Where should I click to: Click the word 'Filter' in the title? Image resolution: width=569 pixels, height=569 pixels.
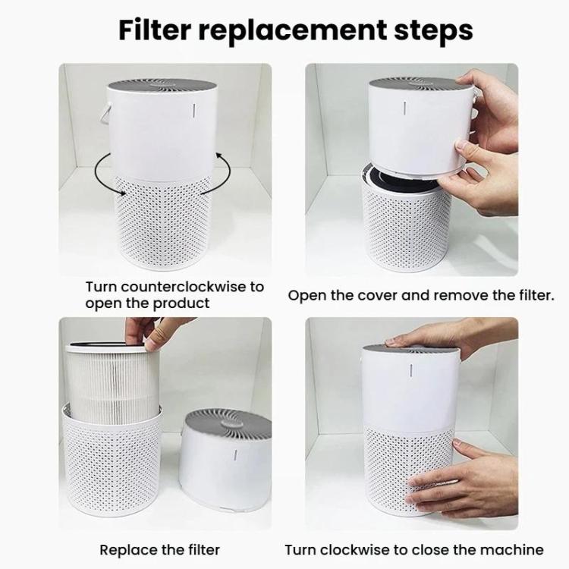tap(155, 30)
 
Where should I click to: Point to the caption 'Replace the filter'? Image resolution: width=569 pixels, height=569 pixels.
tap(159, 550)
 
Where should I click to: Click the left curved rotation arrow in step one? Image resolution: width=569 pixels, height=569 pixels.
tap(102, 174)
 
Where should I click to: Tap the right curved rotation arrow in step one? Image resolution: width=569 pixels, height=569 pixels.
tap(219, 174)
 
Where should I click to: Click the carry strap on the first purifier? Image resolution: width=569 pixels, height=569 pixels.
tap(105, 112)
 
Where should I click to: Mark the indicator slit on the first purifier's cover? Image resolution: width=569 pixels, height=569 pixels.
tap(194, 111)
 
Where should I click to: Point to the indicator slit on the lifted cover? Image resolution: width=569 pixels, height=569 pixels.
tap(404, 108)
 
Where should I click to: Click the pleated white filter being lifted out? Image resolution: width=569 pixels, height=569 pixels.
tap(112, 384)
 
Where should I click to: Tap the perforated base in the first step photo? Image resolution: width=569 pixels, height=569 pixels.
tap(163, 223)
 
